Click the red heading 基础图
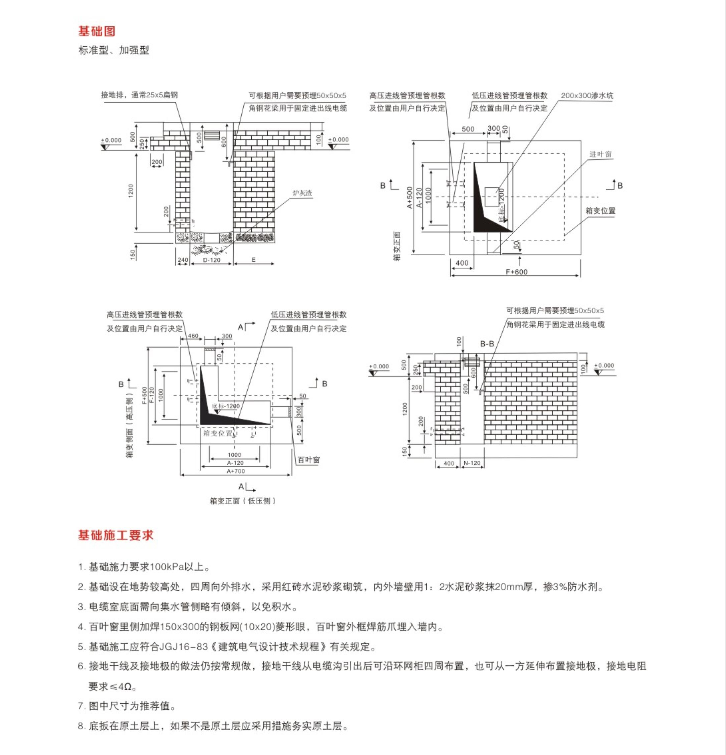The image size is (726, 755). pyautogui.click(x=97, y=31)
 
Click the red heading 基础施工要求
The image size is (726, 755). pyautogui.click(x=116, y=535)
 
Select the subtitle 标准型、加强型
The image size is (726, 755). pyautogui.click(x=114, y=50)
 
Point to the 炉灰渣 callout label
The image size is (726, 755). pyautogui.click(x=302, y=193)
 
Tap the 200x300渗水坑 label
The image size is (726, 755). pyautogui.click(x=587, y=96)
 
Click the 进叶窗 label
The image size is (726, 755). pyautogui.click(x=600, y=154)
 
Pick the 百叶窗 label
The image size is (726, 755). pyautogui.click(x=309, y=459)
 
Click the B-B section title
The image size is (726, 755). pyautogui.click(x=487, y=344)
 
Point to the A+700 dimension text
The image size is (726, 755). pyautogui.click(x=235, y=471)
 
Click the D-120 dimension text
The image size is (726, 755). pyautogui.click(x=211, y=260)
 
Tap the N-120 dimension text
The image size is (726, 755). pyautogui.click(x=472, y=463)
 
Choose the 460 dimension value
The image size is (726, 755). pyautogui.click(x=193, y=336)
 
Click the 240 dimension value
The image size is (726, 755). pyautogui.click(x=182, y=260)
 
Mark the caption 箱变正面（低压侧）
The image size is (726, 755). pyautogui.click(x=242, y=501)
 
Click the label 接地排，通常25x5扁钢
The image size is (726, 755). pyautogui.click(x=139, y=95)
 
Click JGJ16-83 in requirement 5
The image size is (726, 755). pyautogui.click(x=183, y=646)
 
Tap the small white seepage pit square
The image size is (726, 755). pyautogui.click(x=491, y=196)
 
